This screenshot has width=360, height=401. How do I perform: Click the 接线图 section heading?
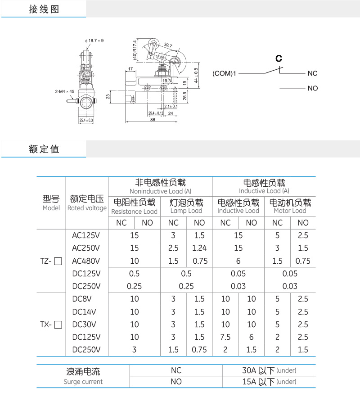[44, 9]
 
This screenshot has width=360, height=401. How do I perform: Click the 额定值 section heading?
[44, 149]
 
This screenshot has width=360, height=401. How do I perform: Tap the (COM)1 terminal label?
[225, 73]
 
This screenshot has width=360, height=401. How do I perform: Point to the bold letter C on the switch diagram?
[279, 59]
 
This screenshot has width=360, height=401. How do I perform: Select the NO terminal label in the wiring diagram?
[313, 88]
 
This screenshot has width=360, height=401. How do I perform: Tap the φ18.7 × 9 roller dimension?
[94, 41]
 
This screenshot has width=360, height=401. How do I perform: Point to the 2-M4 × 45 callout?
[65, 91]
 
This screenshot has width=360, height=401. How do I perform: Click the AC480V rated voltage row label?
[86, 261]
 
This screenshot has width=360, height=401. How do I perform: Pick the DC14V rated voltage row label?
[84, 312]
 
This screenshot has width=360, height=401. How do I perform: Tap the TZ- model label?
[47, 261]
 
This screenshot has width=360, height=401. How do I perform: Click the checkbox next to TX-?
[58, 324]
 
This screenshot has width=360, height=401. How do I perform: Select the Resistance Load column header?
[134, 211]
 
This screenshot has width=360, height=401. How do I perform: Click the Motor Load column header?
[290, 211]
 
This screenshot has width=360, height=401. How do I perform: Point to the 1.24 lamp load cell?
[199, 248]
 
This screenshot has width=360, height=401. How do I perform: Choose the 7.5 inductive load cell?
[225, 337]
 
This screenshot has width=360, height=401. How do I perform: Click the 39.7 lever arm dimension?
[168, 45]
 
